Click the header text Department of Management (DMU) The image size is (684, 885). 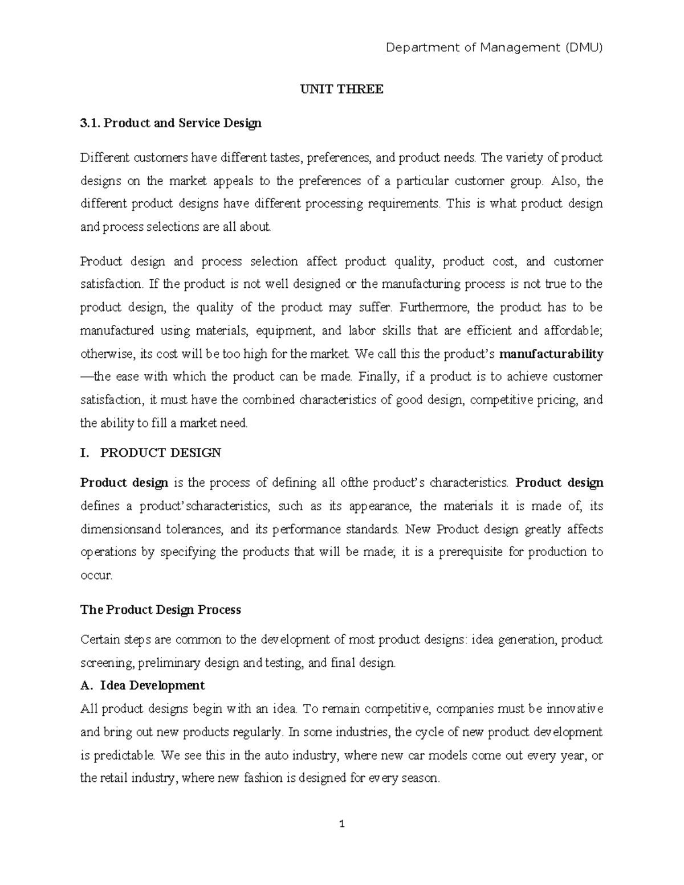[x=494, y=48]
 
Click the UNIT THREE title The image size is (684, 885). [x=342, y=89]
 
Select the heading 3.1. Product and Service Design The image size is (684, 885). [x=170, y=123]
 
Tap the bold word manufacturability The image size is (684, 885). [x=551, y=354]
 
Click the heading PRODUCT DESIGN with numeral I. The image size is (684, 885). [x=150, y=453]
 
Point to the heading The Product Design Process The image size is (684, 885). [x=160, y=610]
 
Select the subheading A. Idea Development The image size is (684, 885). [x=142, y=685]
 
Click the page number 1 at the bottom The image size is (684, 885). [x=342, y=824]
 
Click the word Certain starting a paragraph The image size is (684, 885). [x=100, y=639]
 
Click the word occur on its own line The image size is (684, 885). [x=96, y=576]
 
